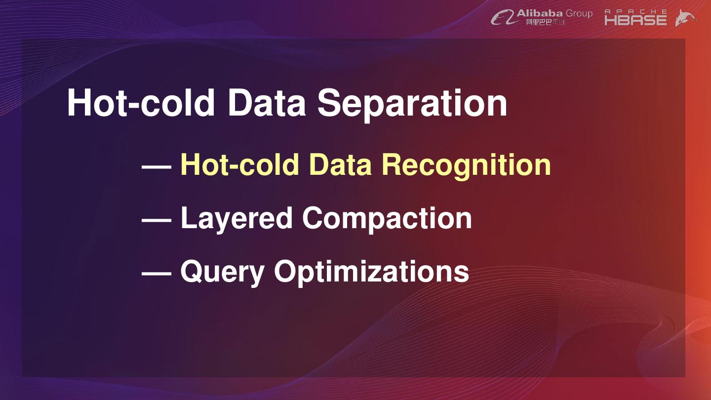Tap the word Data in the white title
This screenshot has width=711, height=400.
[x=267, y=103]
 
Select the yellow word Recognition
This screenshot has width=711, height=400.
[x=466, y=165]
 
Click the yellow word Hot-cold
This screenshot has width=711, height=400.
[x=239, y=164]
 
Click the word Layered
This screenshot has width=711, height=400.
[x=237, y=219]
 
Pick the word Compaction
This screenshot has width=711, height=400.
[x=387, y=219]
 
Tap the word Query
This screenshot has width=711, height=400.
[x=223, y=273]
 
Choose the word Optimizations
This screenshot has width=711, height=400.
[x=372, y=273]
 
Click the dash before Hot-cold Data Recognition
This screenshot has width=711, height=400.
[x=157, y=166]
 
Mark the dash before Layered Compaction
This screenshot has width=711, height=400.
[x=157, y=220]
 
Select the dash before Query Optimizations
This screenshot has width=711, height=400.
[x=157, y=273]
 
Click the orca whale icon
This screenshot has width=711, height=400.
[x=686, y=17]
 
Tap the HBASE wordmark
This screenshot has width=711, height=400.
[x=635, y=20]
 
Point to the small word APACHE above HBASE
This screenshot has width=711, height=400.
[x=635, y=11]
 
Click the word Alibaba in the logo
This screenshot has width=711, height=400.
[x=540, y=13]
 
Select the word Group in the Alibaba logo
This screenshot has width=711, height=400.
[x=579, y=14]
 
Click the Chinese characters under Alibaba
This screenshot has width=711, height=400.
[x=546, y=22]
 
